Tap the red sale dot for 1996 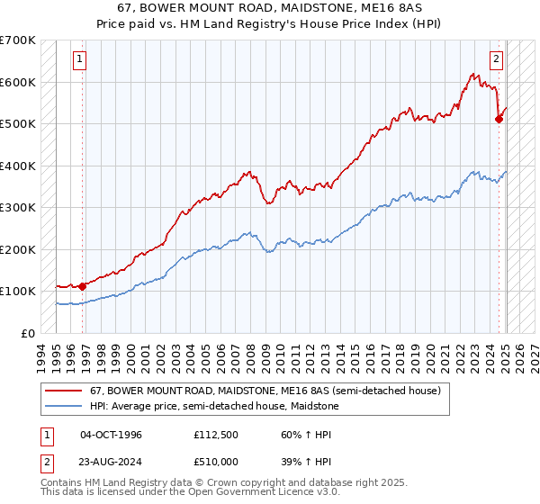coord(83,286)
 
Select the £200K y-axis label coord(18,249)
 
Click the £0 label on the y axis coord(29,333)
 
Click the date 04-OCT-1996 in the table coord(111,434)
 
